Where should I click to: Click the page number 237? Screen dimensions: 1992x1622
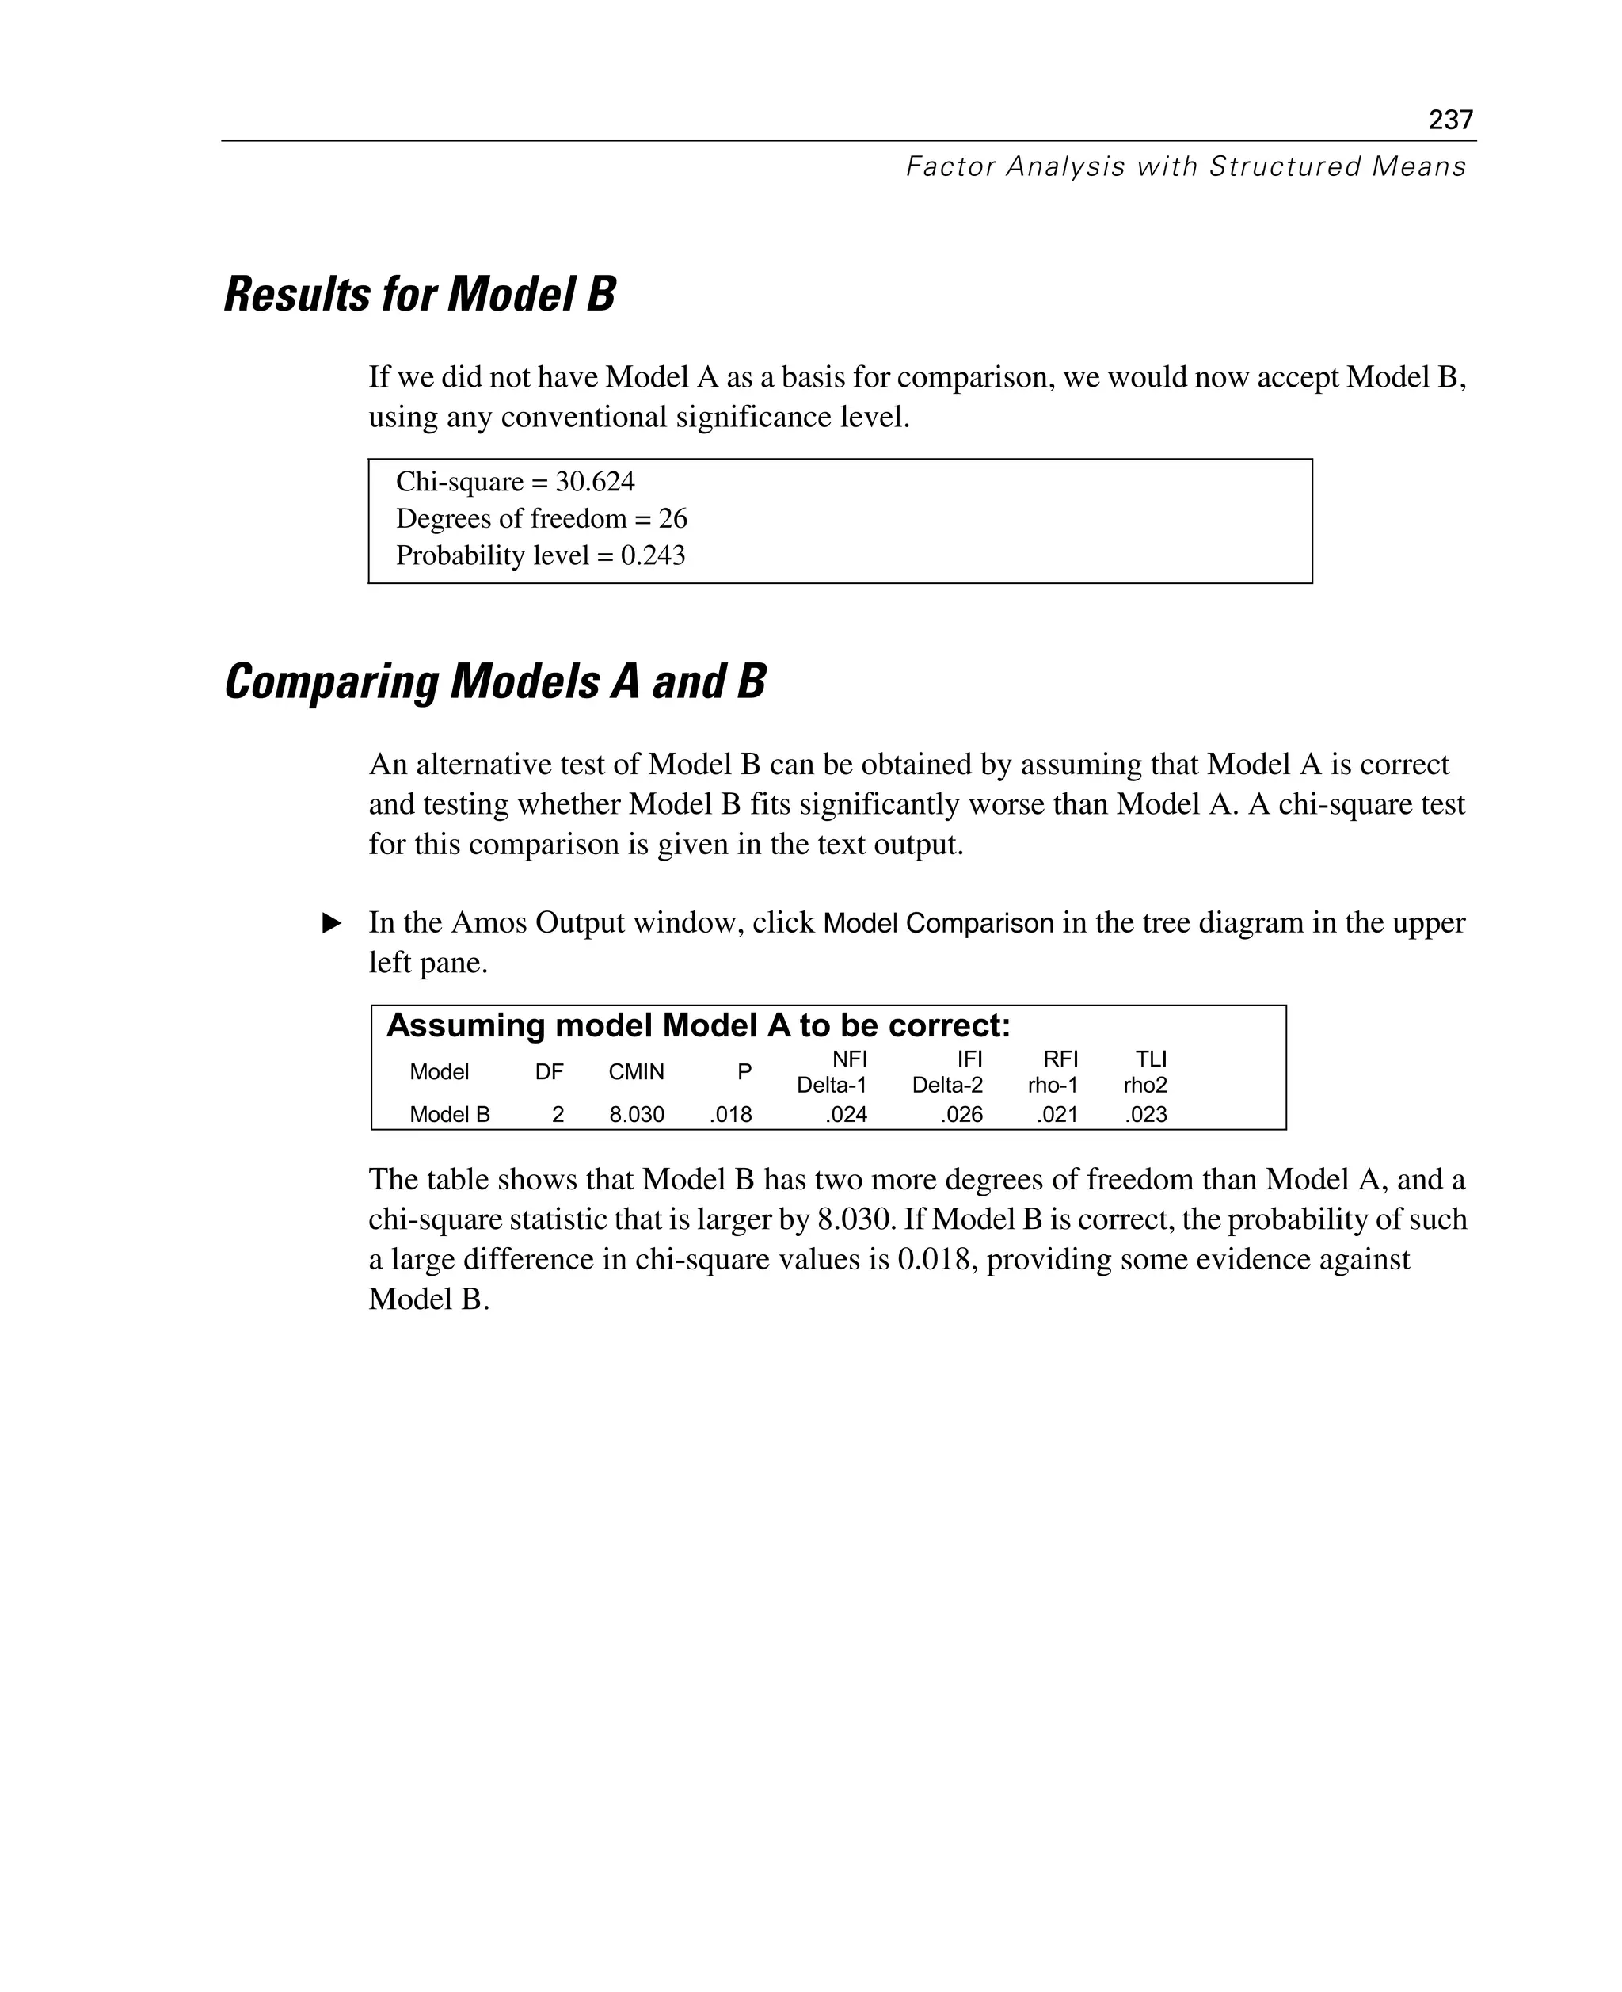[1450, 120]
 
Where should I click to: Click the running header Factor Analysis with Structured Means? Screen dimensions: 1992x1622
[1185, 166]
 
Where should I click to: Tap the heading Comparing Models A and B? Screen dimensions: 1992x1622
[494, 681]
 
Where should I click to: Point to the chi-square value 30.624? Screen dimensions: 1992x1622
[594, 482]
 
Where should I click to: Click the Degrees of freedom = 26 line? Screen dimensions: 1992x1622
[541, 518]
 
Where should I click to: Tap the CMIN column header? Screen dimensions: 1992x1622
[636, 1072]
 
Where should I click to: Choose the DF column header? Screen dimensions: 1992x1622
[550, 1072]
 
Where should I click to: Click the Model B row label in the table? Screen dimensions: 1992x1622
[449, 1114]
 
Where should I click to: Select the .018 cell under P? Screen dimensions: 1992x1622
[731, 1114]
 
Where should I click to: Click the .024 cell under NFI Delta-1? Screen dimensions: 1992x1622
[846, 1114]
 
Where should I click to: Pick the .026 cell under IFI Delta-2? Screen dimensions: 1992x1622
[961, 1114]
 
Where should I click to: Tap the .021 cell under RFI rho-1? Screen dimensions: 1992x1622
[1057, 1114]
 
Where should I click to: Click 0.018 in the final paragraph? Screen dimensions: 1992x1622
[937, 1259]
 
